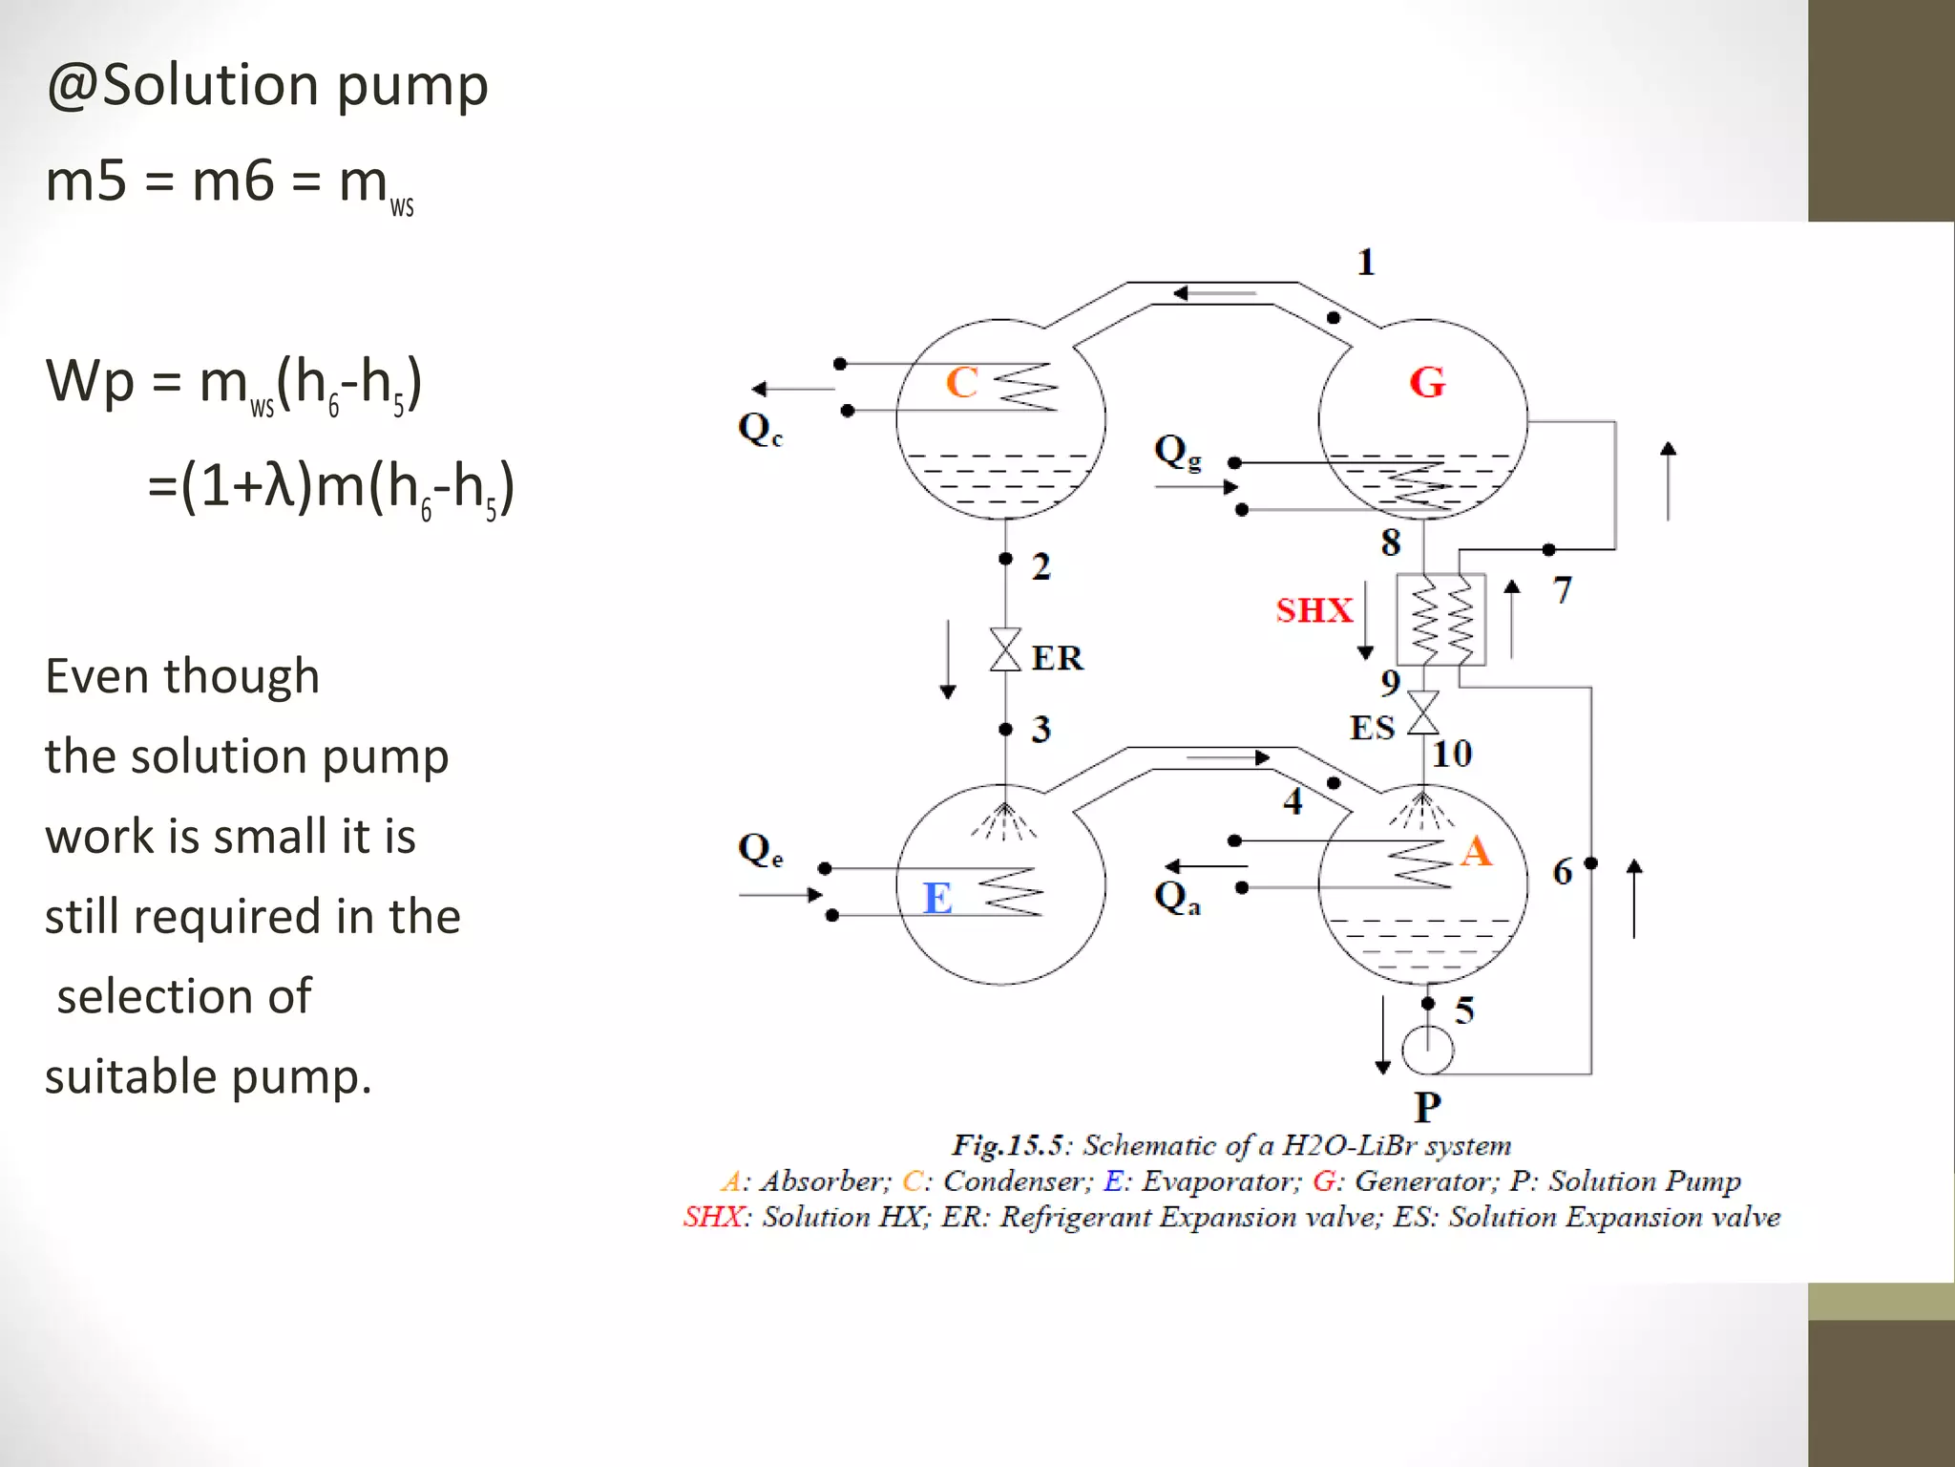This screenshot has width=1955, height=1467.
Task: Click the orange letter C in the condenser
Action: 961,382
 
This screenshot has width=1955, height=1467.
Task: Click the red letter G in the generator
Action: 1427,382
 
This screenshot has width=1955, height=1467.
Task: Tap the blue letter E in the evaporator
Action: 937,898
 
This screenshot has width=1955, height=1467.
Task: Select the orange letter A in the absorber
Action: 1476,850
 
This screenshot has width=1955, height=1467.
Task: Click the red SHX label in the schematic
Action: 1314,610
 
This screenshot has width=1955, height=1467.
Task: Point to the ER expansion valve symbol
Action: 1005,649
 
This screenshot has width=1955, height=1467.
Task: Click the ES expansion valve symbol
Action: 1423,712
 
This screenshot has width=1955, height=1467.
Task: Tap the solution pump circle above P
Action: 1428,1051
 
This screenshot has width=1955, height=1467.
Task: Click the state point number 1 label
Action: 1366,262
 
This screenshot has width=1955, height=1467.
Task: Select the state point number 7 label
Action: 1562,590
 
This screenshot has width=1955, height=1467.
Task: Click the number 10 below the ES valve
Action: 1452,755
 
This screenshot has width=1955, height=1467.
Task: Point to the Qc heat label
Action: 760,428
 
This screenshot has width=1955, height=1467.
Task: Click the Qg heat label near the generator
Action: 1177,451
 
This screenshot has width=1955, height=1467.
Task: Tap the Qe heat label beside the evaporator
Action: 760,849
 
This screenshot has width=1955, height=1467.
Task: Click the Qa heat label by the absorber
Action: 1177,898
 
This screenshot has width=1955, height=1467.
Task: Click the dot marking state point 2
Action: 1005,559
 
